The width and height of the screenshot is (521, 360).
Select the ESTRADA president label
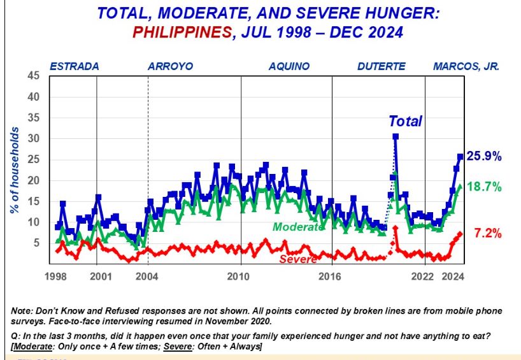pos(75,66)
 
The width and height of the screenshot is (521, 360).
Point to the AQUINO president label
pos(289,66)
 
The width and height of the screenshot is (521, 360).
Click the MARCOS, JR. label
pos(466,66)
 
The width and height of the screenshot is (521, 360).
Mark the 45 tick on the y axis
pos(34,76)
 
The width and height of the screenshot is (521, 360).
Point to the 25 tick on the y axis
pos(34,159)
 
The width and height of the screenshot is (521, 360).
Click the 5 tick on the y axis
pos(36,243)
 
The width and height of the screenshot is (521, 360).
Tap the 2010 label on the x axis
pos(238,277)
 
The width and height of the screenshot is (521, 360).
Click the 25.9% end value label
pos(485,156)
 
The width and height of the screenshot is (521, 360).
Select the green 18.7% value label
pos(485,187)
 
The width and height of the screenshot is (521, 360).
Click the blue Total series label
pos(406,121)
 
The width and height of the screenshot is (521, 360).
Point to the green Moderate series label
pos(298,227)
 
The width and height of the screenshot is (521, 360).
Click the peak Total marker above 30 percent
pos(396,136)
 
